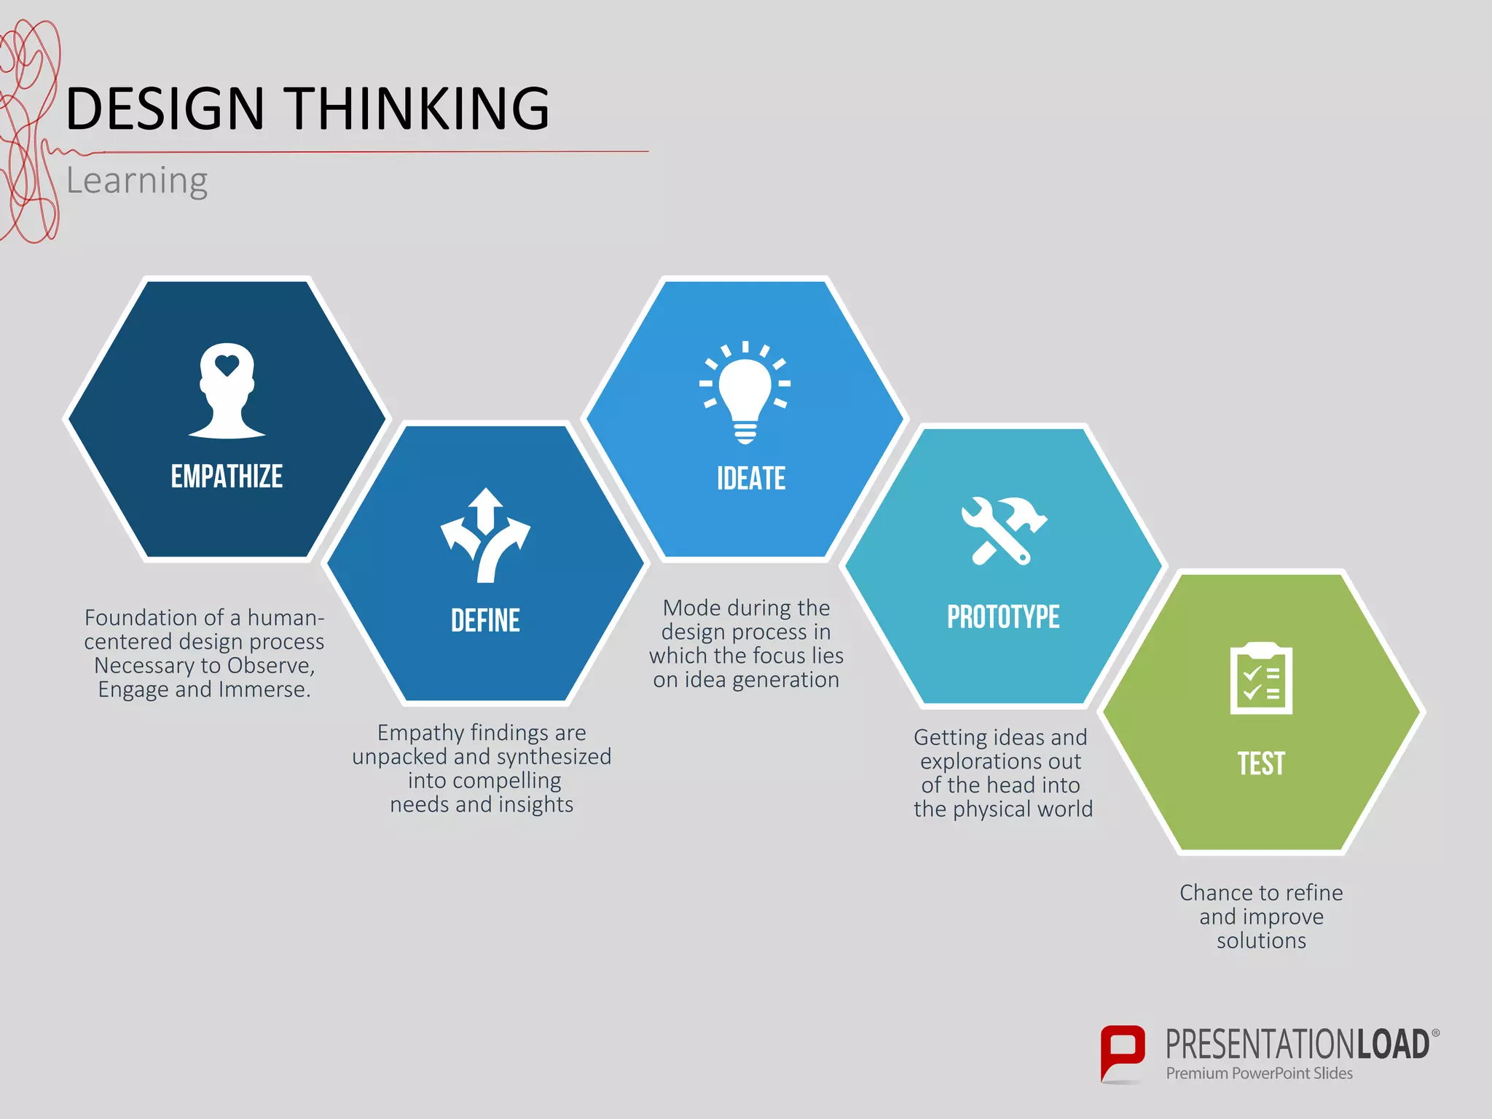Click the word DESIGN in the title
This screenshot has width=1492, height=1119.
pos(165,109)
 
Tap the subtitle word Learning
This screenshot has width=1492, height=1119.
pos(137,181)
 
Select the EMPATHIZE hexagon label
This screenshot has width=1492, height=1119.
pos(227,476)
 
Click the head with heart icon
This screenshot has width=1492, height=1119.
pos(227,390)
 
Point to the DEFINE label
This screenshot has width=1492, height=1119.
pos(485,621)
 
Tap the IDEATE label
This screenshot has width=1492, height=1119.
pos(751,479)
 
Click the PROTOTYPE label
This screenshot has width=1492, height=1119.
pos(1003,617)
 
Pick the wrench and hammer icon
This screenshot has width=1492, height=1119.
pos(1003,531)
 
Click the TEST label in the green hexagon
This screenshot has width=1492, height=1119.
pos(1261,763)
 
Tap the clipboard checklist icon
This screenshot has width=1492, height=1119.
pos(1261,679)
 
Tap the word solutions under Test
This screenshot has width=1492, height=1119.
pos(1261,941)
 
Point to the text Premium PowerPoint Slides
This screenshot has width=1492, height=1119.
pos(1259,1073)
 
